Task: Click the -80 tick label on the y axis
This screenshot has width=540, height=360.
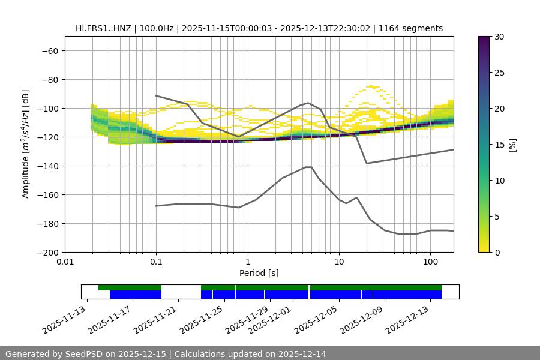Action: [x=49, y=79]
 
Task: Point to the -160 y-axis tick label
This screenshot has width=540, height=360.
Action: [x=47, y=194]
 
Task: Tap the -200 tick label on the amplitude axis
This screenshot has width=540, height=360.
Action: [x=47, y=252]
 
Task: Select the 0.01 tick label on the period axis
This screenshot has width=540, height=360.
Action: [x=65, y=262]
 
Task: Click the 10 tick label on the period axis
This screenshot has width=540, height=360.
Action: [x=338, y=262]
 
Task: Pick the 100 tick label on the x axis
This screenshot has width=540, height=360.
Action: [x=430, y=262]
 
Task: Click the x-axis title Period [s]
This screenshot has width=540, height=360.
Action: [x=259, y=273]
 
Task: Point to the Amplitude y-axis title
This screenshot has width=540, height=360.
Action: [x=26, y=144]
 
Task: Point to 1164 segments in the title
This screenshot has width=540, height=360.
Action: [x=414, y=28]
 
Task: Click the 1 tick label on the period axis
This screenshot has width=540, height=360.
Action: [x=247, y=262]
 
